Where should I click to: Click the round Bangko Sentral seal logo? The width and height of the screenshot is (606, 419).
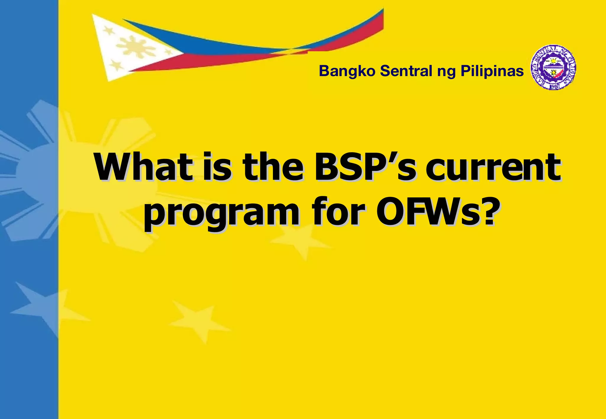pos(553,67)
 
